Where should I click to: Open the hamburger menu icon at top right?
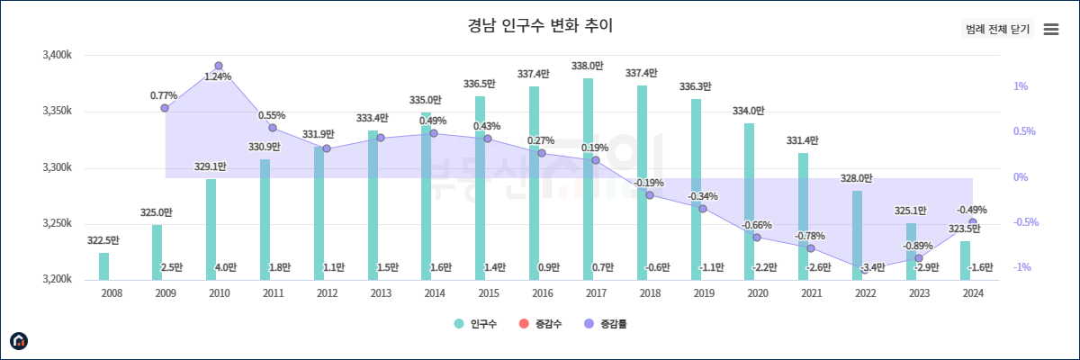pyautogui.click(x=1050, y=29)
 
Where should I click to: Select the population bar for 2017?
pyautogui.click(x=588, y=180)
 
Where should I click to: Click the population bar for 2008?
pyautogui.click(x=103, y=266)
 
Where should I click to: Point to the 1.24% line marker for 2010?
pyautogui.click(x=219, y=67)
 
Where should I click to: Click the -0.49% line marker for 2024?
pyautogui.click(x=972, y=222)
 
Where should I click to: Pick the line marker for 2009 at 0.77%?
pyautogui.click(x=165, y=108)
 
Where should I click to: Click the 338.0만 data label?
pyautogui.click(x=588, y=66)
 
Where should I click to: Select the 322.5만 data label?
pyautogui.click(x=103, y=240)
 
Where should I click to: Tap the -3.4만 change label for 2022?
pyautogui.click(x=872, y=267)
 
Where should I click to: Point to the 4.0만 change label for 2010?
pyautogui.click(x=226, y=267)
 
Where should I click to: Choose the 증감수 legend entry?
pyautogui.click(x=540, y=323)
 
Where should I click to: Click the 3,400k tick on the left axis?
pyautogui.click(x=57, y=56)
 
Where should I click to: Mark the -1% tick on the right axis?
pyautogui.click(x=1021, y=267)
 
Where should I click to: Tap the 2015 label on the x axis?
pyautogui.click(x=488, y=292)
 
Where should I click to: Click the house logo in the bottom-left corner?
pyautogui.click(x=19, y=340)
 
